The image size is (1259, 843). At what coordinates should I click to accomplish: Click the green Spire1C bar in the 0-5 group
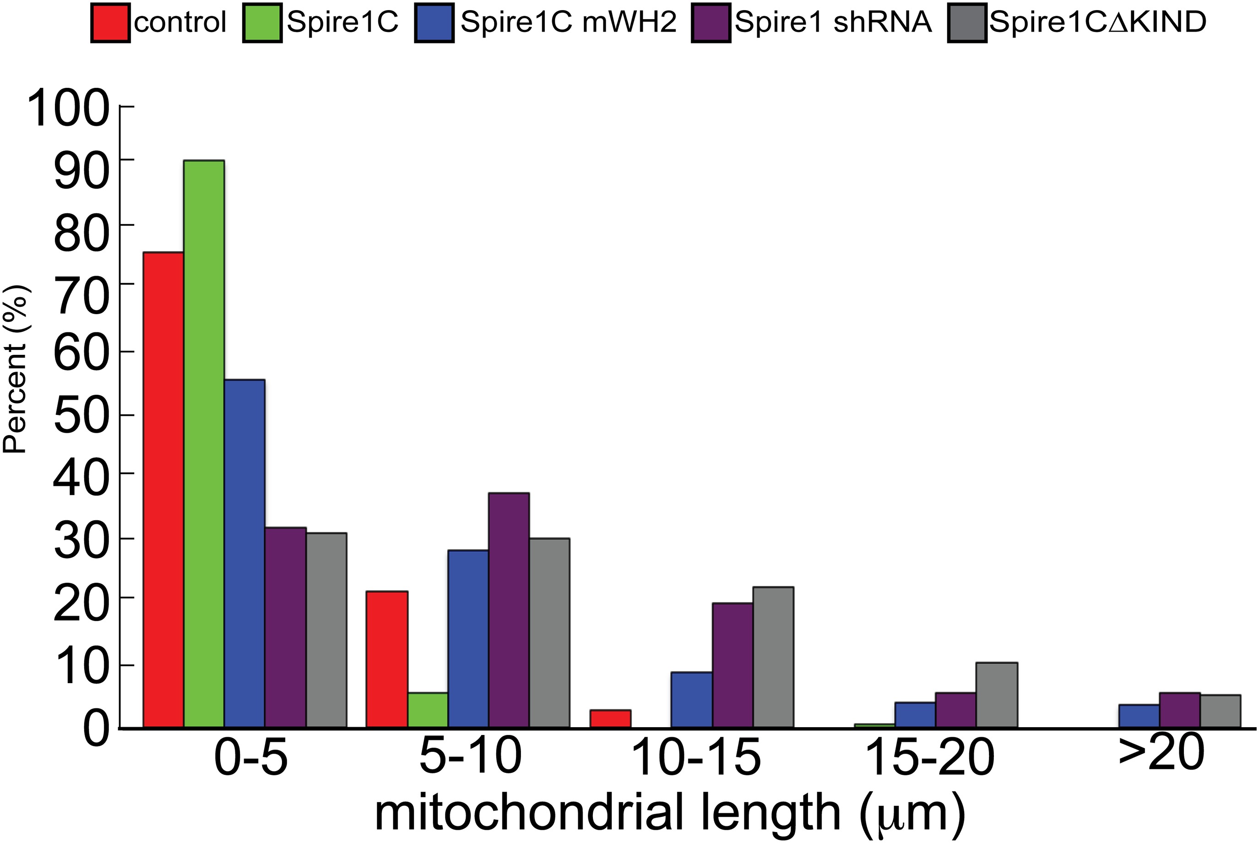click(204, 444)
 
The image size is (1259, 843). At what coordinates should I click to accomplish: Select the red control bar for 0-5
click(163, 490)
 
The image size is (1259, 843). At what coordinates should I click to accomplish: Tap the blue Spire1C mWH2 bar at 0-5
click(244, 554)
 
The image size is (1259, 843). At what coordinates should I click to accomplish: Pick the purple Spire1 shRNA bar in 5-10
click(509, 610)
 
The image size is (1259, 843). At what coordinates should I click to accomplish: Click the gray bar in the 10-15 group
click(774, 658)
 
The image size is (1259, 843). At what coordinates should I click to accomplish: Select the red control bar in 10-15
click(610, 719)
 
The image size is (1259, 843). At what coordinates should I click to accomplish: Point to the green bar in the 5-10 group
click(428, 710)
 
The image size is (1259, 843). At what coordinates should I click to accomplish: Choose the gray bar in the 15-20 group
click(997, 695)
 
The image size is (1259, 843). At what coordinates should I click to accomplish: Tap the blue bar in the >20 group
click(1139, 716)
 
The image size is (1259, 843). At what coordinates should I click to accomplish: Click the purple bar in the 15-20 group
click(956, 710)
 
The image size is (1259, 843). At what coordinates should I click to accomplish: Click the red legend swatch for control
click(110, 22)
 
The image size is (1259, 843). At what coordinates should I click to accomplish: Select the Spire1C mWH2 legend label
click(568, 22)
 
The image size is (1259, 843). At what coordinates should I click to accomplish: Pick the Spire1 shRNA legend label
click(833, 22)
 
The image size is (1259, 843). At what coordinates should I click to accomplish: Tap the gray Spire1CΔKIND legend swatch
click(967, 22)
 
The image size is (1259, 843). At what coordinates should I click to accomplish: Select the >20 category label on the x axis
click(1161, 752)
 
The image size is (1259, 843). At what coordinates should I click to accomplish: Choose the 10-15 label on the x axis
click(695, 757)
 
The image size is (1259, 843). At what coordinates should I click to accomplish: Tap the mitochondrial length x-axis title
click(670, 815)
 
